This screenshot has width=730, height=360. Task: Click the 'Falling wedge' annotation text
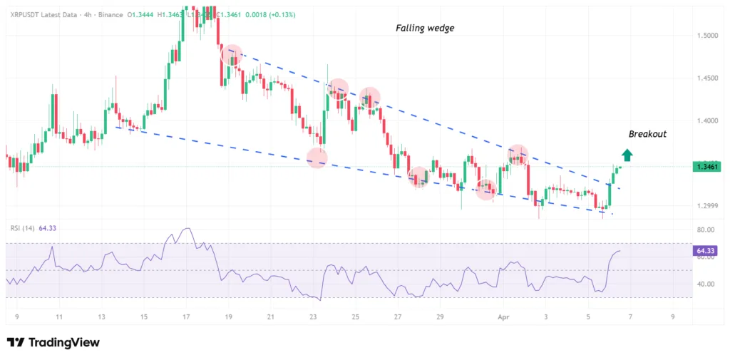click(x=425, y=29)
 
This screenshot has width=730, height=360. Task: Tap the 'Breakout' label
click(x=647, y=134)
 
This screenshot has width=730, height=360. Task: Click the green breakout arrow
click(x=626, y=155)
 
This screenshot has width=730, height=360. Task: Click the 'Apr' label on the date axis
click(x=504, y=316)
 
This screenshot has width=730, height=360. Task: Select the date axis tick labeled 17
click(x=186, y=316)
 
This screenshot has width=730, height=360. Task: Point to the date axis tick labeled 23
click(x=313, y=316)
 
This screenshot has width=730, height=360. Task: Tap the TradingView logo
click(x=53, y=343)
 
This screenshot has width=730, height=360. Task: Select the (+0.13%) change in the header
click(x=280, y=15)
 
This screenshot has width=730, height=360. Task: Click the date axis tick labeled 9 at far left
click(x=16, y=316)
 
